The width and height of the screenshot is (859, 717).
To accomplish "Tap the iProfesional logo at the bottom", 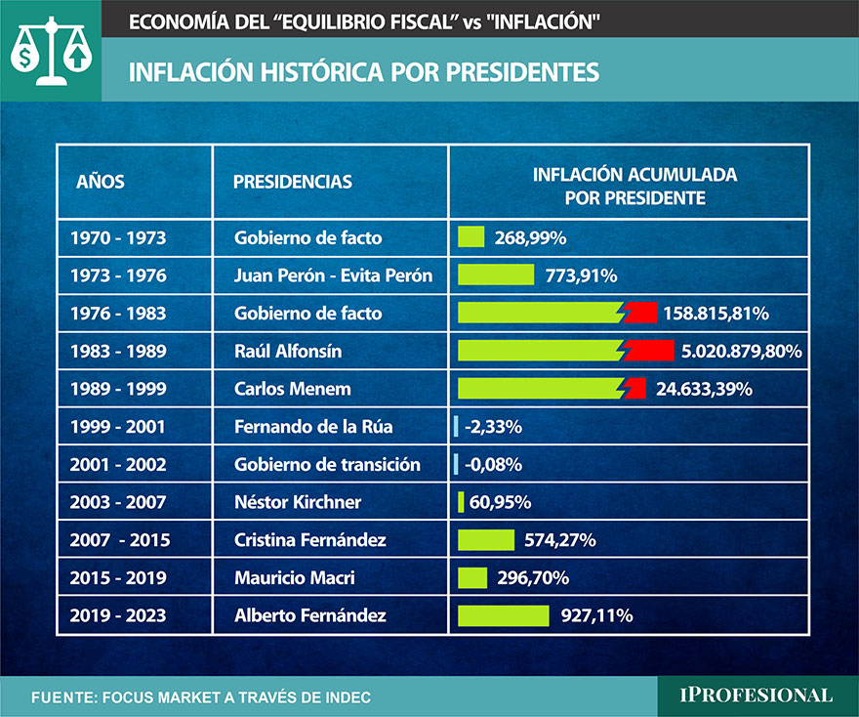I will [757, 696].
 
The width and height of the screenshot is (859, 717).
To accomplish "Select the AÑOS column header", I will [100, 182].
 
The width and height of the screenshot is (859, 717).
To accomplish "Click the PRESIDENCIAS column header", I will [293, 182].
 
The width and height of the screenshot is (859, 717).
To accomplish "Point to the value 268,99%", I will [531, 237].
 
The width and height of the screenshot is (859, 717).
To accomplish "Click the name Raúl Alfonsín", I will [288, 351].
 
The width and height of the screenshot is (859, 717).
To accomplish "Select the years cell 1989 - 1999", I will [118, 389].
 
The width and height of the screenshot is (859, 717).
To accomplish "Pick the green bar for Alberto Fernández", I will [504, 615].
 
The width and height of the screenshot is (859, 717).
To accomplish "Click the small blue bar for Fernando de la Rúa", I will [456, 426].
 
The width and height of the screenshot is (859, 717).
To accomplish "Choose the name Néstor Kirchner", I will [298, 502].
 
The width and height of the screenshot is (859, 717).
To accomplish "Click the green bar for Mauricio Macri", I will [472, 578].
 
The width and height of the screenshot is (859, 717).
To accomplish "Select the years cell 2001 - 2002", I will [118, 464].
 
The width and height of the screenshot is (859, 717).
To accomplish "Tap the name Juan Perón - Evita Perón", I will [333, 275].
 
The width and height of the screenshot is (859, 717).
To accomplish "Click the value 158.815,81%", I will [716, 314].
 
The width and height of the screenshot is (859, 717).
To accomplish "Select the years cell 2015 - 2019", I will [118, 578].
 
